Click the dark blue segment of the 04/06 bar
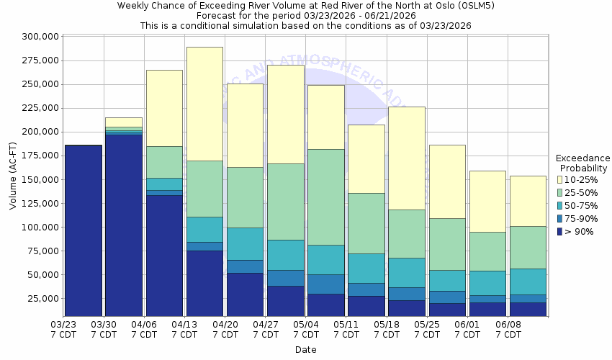[x=164, y=256]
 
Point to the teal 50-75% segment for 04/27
[x=286, y=255]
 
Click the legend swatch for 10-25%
[x=560, y=179]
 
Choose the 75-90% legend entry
[x=580, y=218]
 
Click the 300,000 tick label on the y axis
[x=40, y=37]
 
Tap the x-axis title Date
[x=305, y=350]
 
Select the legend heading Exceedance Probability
[x=582, y=163]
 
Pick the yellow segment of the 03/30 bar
[x=124, y=122]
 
